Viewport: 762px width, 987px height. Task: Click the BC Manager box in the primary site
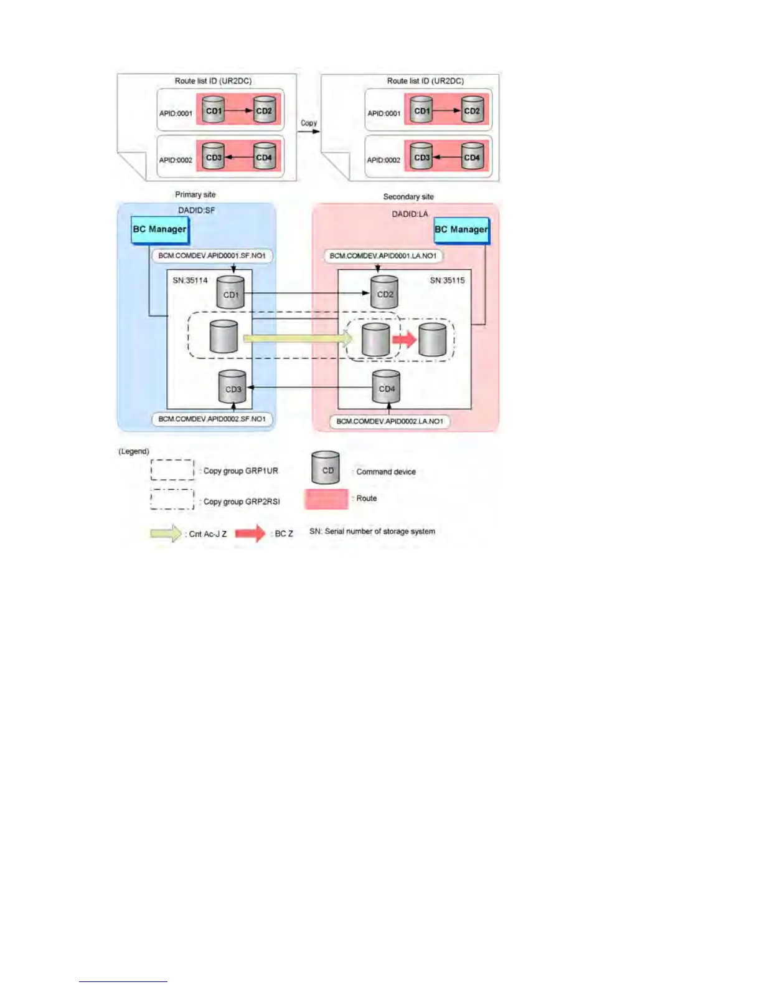159,230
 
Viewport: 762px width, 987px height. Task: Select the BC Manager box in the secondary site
461,230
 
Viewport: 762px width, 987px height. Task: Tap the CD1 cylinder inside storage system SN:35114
231,292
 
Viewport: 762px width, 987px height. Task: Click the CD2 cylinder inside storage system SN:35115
384,292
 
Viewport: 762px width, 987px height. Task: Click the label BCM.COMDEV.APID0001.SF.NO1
212,256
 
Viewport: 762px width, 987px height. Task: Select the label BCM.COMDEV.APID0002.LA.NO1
390,422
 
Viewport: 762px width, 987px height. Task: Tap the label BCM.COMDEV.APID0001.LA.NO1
383,256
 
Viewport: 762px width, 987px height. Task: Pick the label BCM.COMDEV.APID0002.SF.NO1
212,419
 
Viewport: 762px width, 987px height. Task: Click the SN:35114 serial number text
190,280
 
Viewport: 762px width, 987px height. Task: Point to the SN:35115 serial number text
447,280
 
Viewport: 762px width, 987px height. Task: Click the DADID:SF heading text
196,211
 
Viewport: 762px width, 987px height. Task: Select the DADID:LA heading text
410,214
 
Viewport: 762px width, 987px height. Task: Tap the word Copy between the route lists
309,123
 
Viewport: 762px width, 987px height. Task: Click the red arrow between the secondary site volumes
404,340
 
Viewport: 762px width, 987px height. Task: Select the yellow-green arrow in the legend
166,534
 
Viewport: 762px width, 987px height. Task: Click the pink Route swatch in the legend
326,499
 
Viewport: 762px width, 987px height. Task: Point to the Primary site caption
195,194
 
